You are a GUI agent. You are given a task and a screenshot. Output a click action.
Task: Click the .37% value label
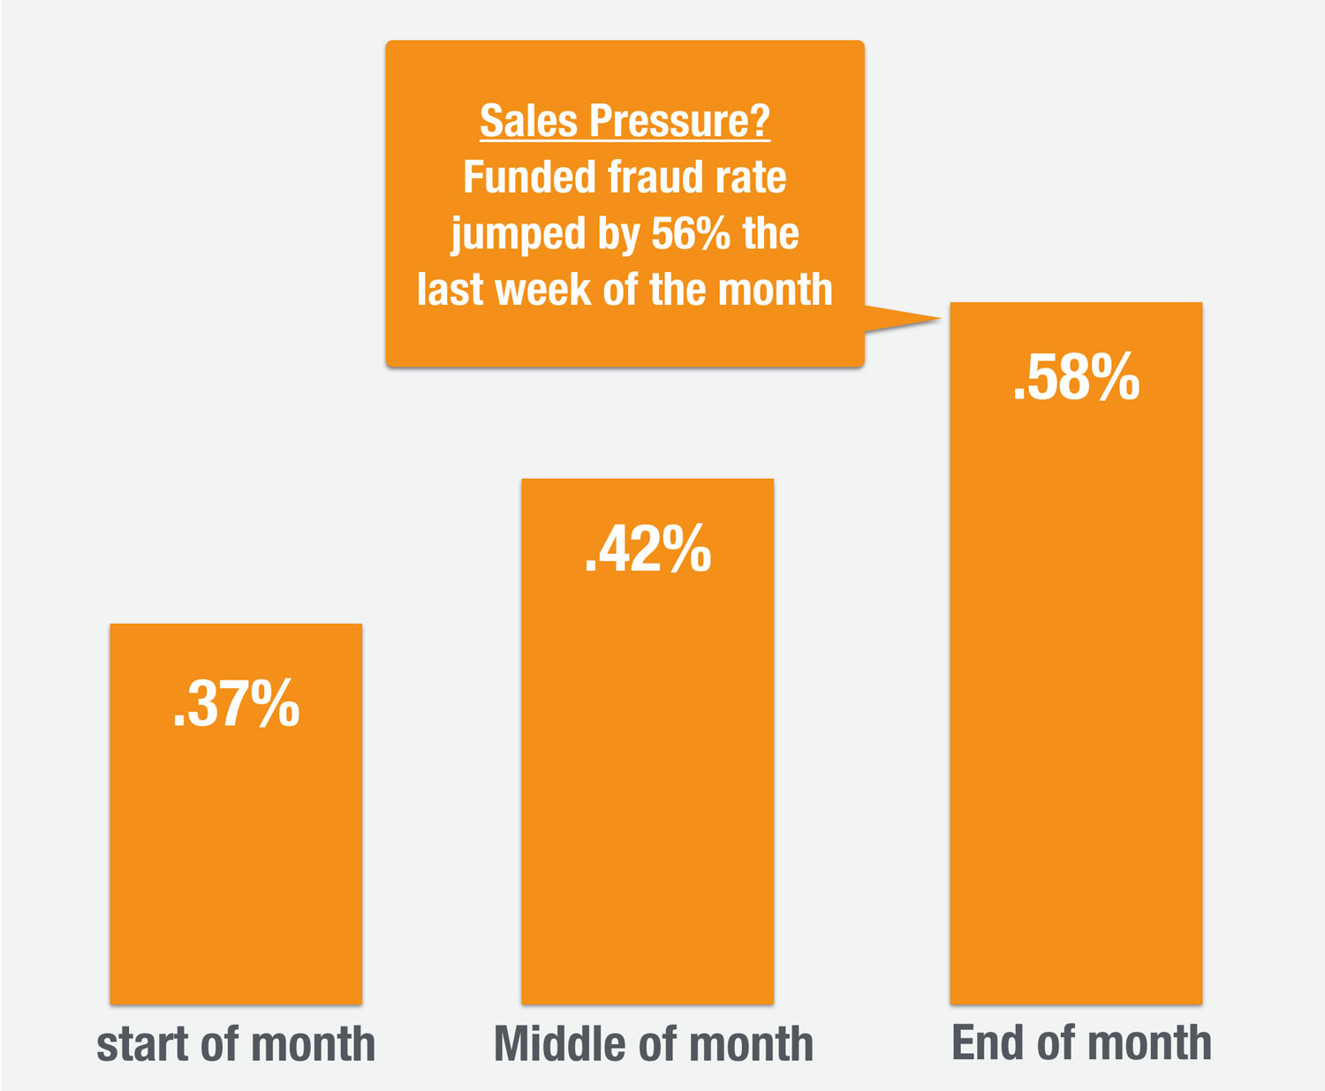click(236, 704)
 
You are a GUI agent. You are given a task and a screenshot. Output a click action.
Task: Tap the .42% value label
click(647, 549)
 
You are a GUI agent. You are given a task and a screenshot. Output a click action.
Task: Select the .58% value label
click(1076, 377)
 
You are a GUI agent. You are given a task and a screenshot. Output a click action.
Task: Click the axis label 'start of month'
click(236, 1043)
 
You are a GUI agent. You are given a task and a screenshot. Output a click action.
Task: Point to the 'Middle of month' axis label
click(653, 1043)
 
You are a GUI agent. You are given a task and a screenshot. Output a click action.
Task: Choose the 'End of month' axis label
click(1081, 1042)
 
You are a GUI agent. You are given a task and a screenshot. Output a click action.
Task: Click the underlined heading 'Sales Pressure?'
click(625, 120)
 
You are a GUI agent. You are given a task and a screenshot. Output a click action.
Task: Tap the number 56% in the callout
click(691, 233)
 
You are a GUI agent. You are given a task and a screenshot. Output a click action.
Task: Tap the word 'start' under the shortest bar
click(142, 1044)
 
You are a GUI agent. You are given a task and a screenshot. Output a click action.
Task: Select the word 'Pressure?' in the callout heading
click(679, 120)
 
